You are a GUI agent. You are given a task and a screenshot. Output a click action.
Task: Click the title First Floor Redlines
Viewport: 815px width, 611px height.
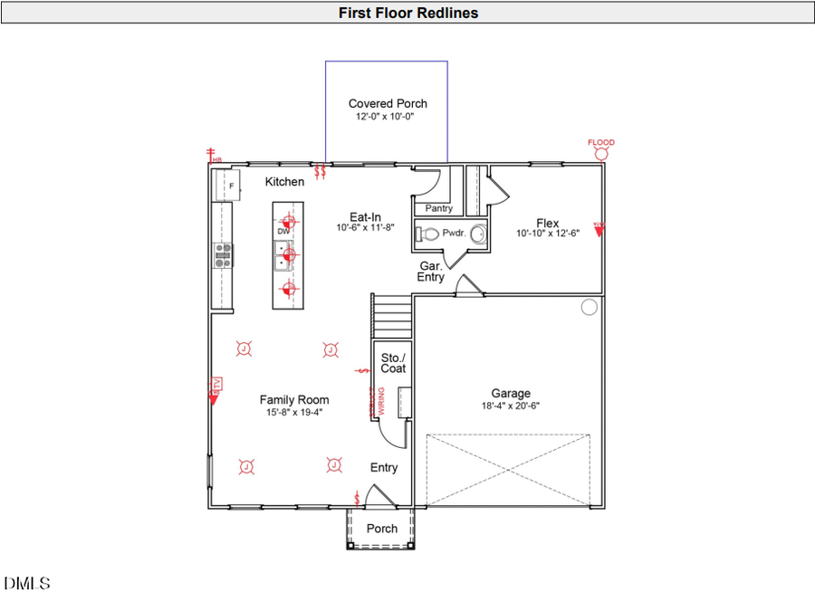[407, 13]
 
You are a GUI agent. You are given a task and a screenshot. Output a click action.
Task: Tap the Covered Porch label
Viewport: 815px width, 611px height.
[388, 103]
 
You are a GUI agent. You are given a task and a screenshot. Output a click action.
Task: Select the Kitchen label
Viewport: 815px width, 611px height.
[284, 182]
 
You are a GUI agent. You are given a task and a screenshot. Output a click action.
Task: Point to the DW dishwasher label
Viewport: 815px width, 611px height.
[283, 232]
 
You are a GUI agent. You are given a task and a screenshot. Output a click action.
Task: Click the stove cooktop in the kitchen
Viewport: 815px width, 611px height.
[222, 255]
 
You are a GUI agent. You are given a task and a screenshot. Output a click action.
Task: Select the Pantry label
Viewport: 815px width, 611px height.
[439, 208]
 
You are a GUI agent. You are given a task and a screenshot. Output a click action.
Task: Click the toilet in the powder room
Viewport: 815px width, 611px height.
[427, 234]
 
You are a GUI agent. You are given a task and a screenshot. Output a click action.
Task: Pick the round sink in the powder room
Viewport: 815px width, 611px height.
[477, 234]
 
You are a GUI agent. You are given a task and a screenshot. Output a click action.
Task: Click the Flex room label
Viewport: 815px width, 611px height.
[547, 224]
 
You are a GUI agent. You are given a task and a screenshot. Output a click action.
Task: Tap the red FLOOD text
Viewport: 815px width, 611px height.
[600, 142]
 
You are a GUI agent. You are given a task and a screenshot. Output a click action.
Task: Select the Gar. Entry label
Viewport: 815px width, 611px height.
[431, 272]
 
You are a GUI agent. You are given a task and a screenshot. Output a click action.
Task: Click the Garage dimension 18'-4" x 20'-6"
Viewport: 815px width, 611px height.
[511, 406]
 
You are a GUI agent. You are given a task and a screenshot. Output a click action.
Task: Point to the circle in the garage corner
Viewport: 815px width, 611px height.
[589, 307]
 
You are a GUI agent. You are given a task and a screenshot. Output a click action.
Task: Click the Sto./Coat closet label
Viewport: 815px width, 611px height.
[393, 362]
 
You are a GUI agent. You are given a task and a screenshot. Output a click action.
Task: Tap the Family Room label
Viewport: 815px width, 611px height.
[294, 399]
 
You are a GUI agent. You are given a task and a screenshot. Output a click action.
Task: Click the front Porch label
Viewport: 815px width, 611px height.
[381, 529]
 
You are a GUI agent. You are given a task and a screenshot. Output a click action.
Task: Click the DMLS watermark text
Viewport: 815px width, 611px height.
[27, 584]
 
